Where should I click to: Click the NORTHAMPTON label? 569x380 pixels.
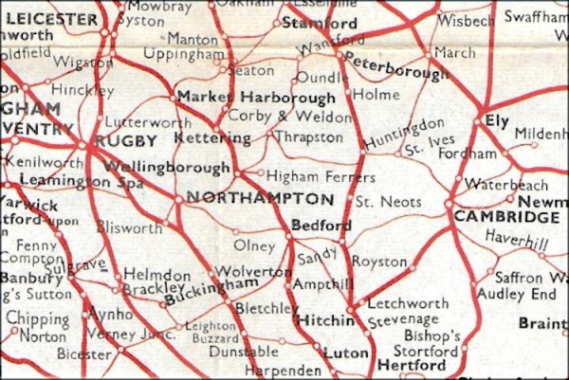[x=261, y=199]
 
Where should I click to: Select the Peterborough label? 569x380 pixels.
[x=396, y=67]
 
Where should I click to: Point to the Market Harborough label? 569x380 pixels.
[x=256, y=98]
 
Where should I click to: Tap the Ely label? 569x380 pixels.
[x=497, y=122]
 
